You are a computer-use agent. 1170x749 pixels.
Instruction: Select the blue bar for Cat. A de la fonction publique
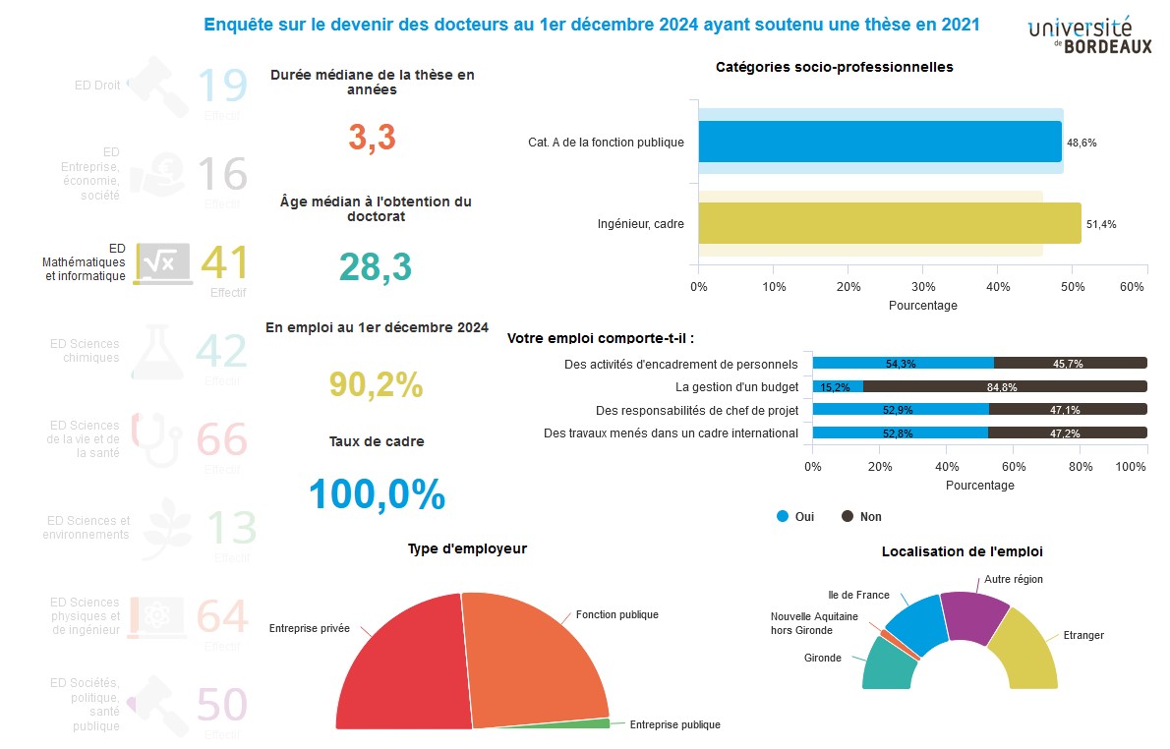(880, 142)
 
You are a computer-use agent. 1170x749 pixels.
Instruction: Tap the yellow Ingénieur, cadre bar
(890, 223)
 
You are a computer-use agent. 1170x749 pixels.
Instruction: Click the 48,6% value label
(1082, 143)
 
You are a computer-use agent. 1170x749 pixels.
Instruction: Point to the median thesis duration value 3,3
(372, 139)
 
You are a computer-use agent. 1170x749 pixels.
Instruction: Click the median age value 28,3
(375, 266)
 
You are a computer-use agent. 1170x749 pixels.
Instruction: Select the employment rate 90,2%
(376, 385)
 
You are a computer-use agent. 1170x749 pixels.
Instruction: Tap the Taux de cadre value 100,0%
(377, 494)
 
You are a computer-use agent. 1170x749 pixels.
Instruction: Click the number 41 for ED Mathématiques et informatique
(224, 262)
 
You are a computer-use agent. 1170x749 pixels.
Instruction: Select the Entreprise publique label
(674, 724)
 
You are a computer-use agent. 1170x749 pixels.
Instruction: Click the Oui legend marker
(784, 516)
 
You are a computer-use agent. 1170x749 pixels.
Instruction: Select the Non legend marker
(848, 516)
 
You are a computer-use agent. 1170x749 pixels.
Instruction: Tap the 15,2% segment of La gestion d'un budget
(838, 386)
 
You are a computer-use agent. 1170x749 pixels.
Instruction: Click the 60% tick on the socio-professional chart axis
(1133, 286)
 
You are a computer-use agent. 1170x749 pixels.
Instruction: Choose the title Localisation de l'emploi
(962, 552)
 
